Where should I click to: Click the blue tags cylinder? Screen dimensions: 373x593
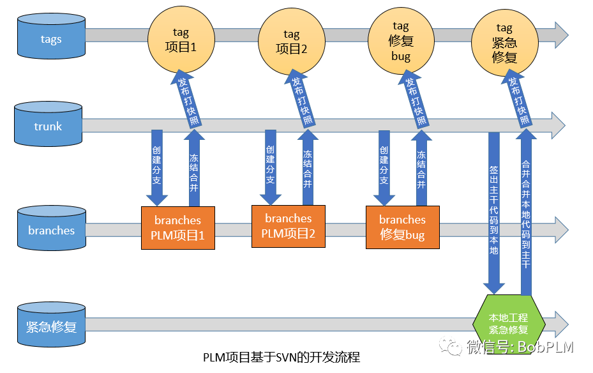(51, 39)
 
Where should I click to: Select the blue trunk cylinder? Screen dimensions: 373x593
(49, 126)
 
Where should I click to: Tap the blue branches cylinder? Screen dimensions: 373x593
(51, 231)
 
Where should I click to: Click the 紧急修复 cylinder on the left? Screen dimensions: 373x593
(51, 326)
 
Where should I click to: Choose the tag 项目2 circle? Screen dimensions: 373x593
(291, 40)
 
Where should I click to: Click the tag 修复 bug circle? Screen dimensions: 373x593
(400, 40)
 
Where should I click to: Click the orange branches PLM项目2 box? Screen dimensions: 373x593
(289, 225)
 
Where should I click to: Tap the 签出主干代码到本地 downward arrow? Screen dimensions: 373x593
(493, 211)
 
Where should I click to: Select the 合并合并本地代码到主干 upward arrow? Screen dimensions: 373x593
(526, 211)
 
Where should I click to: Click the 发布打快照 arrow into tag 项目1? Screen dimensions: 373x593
(183, 102)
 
